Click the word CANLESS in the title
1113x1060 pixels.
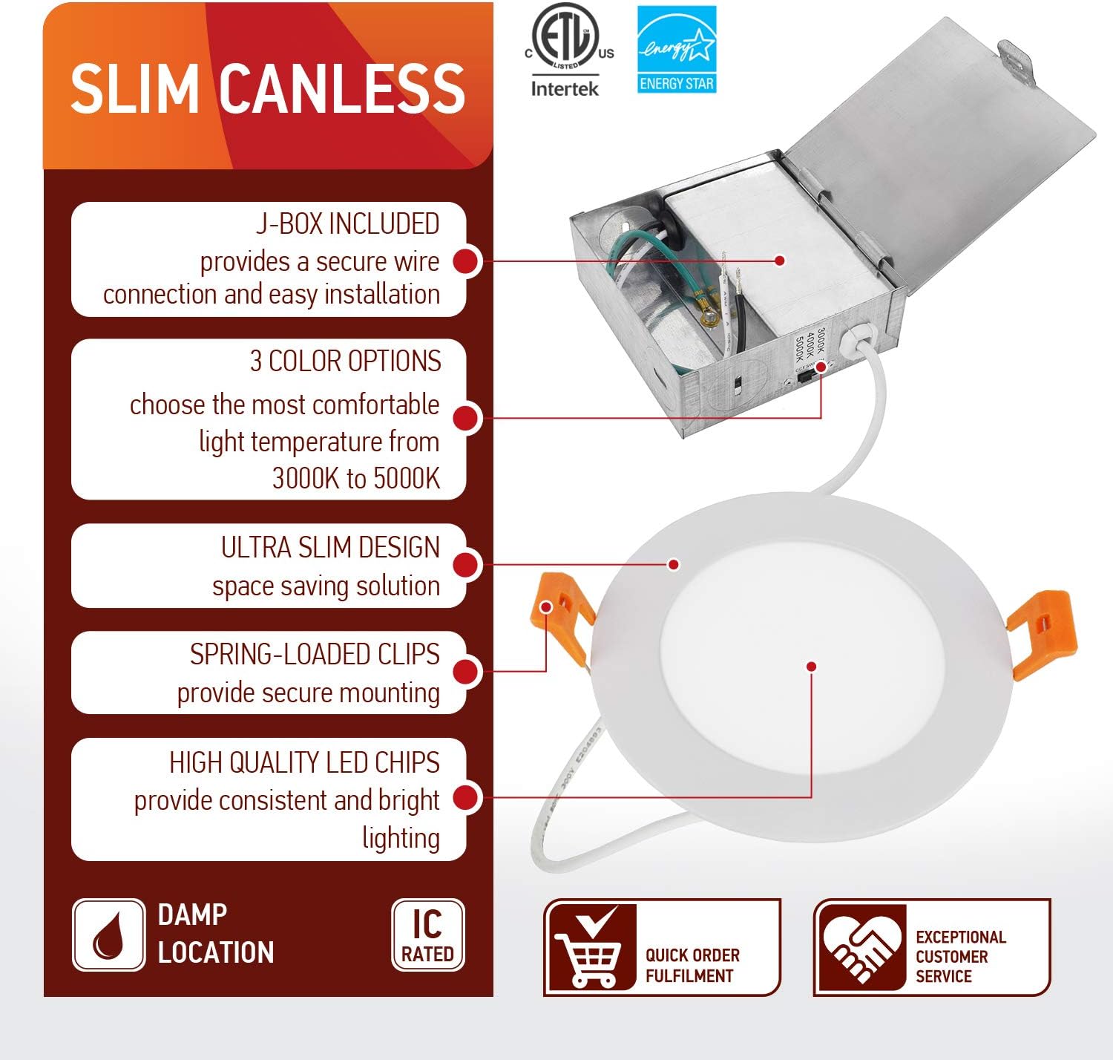(x=343, y=89)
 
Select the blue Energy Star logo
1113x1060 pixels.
(x=677, y=50)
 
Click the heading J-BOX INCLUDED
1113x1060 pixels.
(x=347, y=223)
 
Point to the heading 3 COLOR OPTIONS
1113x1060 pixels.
(x=345, y=361)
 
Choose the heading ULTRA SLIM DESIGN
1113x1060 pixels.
(x=330, y=548)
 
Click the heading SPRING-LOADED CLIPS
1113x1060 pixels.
(x=315, y=655)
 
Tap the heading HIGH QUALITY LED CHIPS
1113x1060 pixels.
(x=304, y=762)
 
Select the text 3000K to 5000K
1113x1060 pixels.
(x=356, y=479)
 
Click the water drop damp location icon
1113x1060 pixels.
(x=108, y=935)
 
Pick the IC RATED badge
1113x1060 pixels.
(x=427, y=935)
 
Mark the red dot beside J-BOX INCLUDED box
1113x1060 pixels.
(x=466, y=261)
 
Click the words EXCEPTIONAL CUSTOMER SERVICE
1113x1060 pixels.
(x=960, y=956)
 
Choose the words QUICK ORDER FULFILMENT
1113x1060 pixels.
(x=692, y=965)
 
